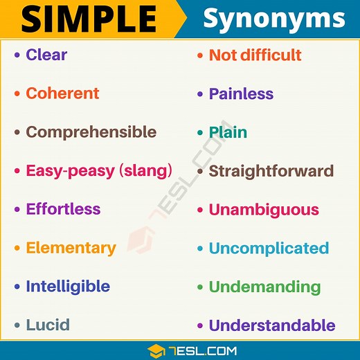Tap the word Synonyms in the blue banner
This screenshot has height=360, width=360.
(x=273, y=19)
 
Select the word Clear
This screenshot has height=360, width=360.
(x=46, y=55)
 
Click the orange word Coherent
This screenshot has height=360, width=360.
(x=62, y=93)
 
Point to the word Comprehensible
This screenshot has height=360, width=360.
(x=91, y=132)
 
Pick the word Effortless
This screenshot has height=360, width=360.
(x=63, y=209)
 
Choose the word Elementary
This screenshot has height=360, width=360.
(x=71, y=248)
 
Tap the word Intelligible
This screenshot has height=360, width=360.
(x=68, y=286)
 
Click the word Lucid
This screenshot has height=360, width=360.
(x=48, y=325)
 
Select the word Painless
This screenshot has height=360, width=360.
(x=241, y=93)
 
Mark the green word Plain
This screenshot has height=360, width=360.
(x=228, y=132)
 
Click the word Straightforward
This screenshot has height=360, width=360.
(x=271, y=171)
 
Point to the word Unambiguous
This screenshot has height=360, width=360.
(x=264, y=210)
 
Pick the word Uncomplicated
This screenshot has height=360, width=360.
(x=269, y=248)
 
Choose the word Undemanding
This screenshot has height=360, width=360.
(x=264, y=287)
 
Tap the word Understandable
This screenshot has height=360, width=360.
(x=272, y=325)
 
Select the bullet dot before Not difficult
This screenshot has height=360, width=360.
(x=200, y=55)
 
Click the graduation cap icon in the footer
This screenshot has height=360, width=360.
(x=156, y=350)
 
